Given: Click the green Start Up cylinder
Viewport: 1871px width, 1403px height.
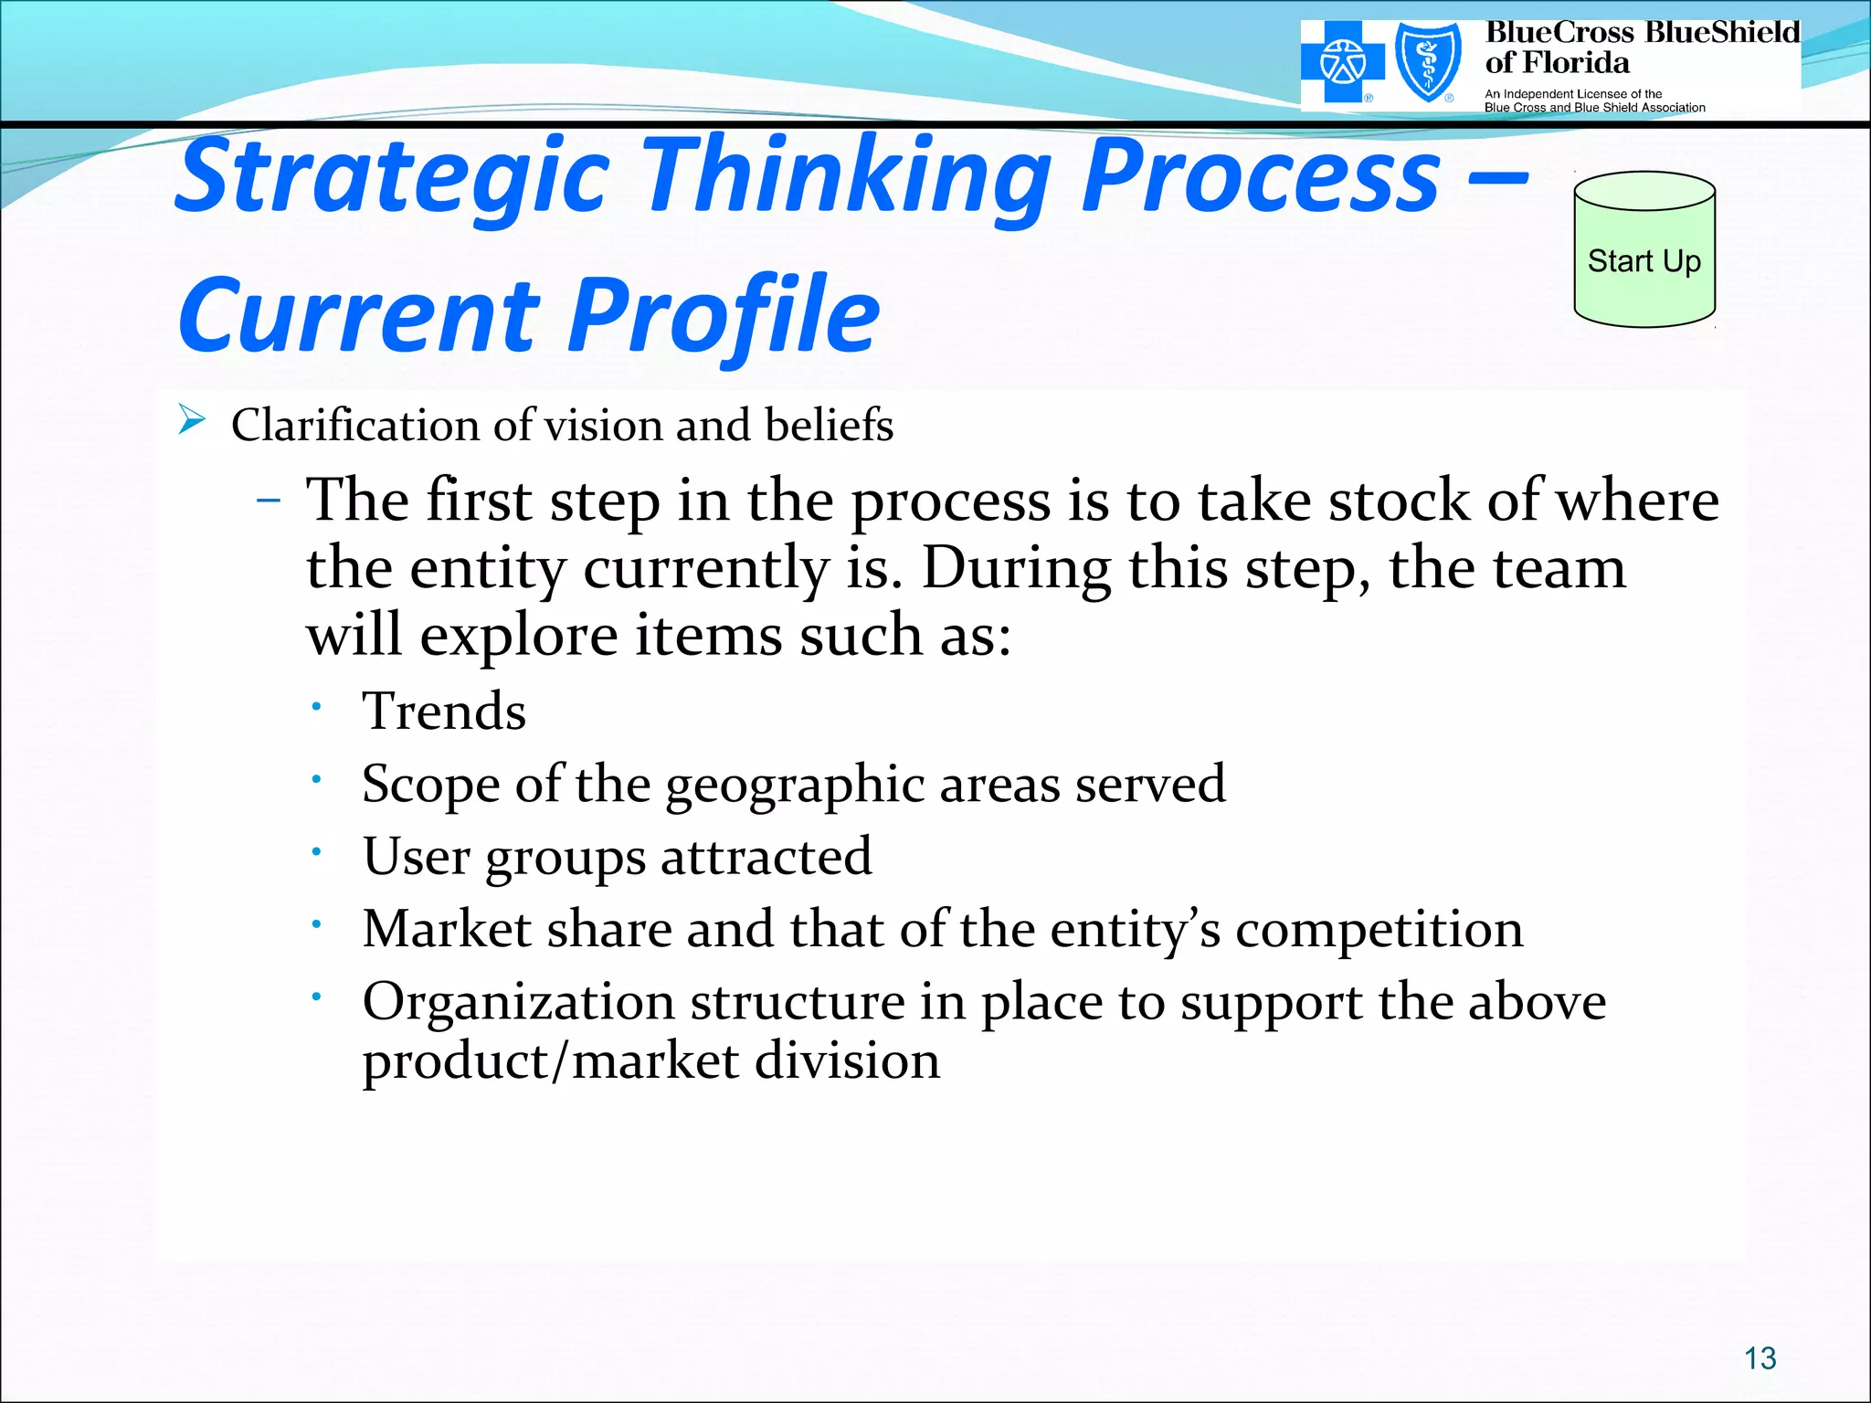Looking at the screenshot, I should pos(1644,251).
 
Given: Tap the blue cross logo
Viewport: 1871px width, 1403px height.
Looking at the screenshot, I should pos(1342,63).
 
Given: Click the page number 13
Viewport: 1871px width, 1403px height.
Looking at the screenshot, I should pos(1760,1358).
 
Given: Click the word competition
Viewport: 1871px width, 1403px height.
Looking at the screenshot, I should pos(1379,930).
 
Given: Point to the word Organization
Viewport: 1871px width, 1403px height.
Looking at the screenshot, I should pos(518,1002).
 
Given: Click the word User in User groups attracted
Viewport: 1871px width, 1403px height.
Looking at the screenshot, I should pos(416,857).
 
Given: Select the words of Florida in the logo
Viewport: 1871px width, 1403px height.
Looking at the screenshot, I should pos(1557,63).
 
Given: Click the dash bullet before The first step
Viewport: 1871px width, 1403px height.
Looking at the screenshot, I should pos(269,501).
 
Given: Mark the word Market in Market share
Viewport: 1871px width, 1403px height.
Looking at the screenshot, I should pos(447,930).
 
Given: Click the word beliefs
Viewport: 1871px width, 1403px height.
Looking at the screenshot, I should pos(829,425).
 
